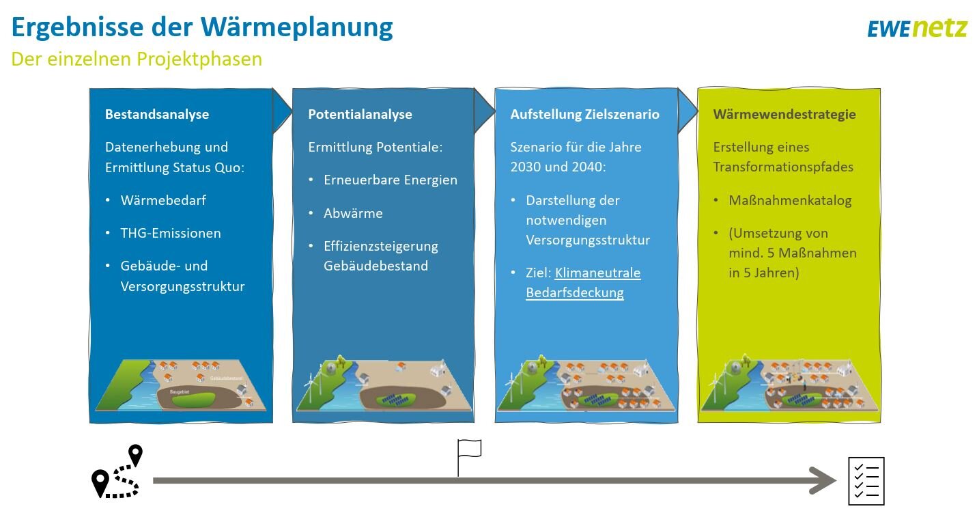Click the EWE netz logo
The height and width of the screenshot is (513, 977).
point(917,29)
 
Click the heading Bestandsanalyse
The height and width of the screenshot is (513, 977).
point(157,114)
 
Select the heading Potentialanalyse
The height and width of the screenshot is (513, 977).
point(360,114)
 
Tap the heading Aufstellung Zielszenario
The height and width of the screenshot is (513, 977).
point(584,114)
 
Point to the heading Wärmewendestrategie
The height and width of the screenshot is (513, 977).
point(784,114)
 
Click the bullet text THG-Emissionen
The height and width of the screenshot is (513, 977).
point(171,233)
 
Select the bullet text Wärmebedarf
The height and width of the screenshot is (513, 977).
point(163,200)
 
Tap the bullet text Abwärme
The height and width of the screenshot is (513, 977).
point(353,213)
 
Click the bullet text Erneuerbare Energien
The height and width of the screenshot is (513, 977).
point(391,180)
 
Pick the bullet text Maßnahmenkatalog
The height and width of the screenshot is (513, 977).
point(790,200)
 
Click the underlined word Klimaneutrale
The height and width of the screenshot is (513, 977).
point(597,273)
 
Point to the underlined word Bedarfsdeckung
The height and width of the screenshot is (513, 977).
point(574,292)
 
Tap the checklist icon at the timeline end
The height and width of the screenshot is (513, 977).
point(866,481)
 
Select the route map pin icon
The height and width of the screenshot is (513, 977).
point(117,471)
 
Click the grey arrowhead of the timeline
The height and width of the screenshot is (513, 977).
point(823,481)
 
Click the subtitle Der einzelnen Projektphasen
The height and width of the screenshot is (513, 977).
point(137,59)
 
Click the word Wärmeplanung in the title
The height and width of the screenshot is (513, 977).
point(296,27)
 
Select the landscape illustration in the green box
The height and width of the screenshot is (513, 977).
point(789,383)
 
